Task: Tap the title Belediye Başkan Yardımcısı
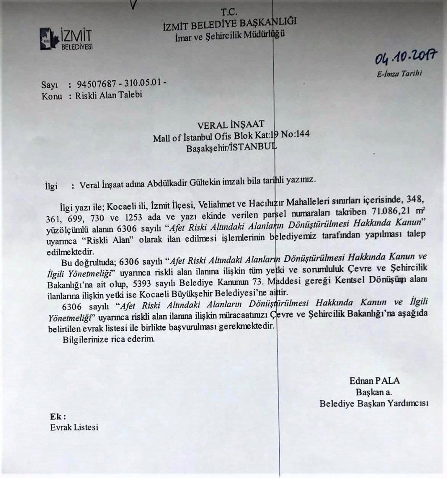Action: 374,403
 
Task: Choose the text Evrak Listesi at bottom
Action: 74,427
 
